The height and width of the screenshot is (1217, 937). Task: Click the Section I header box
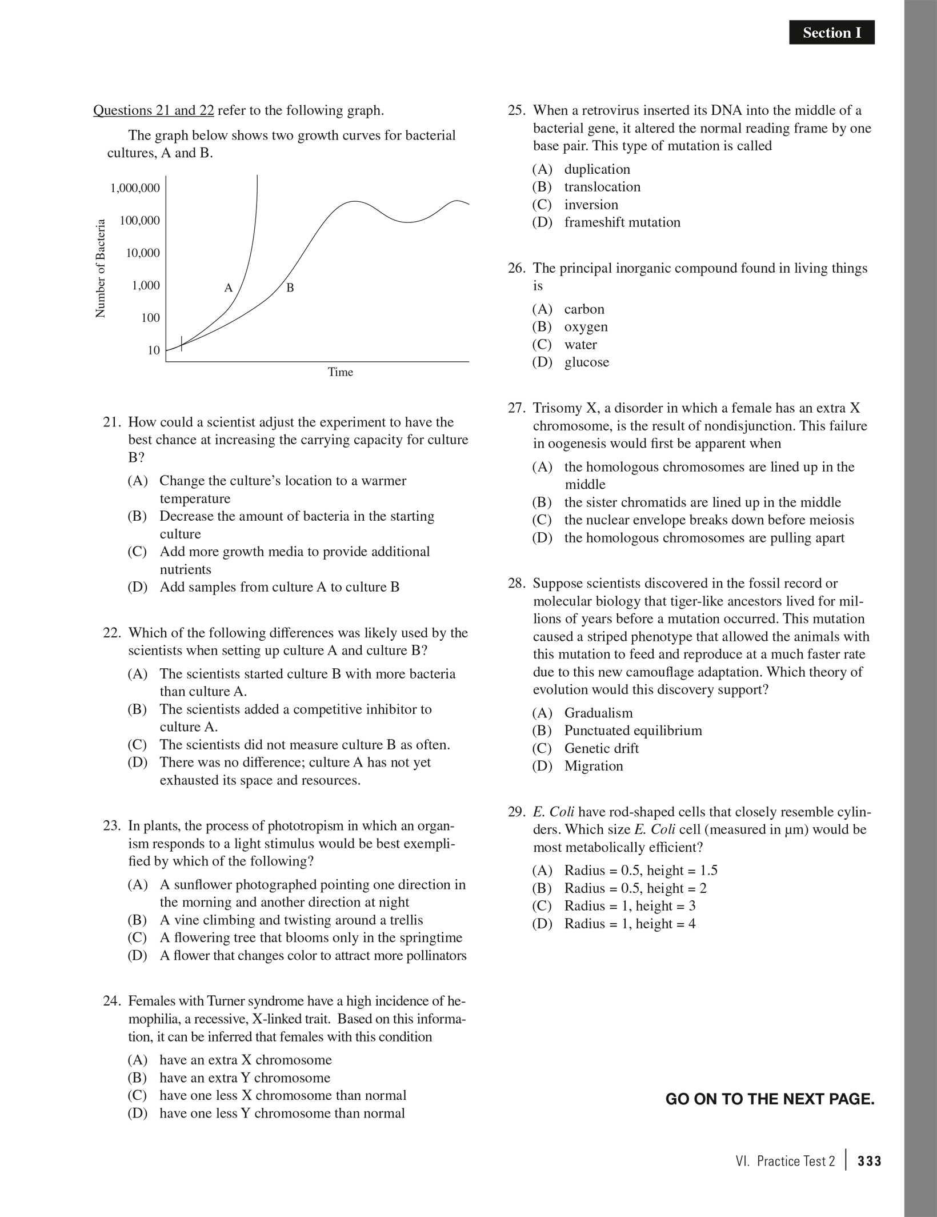pos(831,33)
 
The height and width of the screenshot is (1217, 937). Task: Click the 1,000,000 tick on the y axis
pos(135,188)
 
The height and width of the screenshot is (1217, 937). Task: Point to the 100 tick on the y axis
pos(150,318)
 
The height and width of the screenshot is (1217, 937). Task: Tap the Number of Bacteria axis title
pos(101,269)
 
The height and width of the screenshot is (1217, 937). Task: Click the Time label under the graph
pos(340,372)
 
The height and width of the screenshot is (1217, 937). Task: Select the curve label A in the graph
pos(229,288)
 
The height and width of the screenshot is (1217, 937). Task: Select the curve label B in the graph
pos(290,288)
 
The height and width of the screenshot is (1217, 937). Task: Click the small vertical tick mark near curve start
pos(182,343)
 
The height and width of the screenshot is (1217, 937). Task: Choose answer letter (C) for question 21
pos(137,552)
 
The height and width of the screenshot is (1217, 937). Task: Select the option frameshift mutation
pos(622,222)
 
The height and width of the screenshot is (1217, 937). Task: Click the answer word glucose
pos(587,362)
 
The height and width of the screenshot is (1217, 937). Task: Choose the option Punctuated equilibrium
pos(633,731)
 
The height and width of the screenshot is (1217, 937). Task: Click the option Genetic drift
pos(601,748)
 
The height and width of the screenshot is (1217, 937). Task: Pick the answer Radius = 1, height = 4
pos(630,924)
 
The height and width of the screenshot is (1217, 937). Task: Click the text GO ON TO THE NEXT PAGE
pos(770,1099)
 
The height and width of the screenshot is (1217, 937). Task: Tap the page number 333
pos(870,1161)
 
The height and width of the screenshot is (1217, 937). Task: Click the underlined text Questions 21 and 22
pos(153,110)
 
